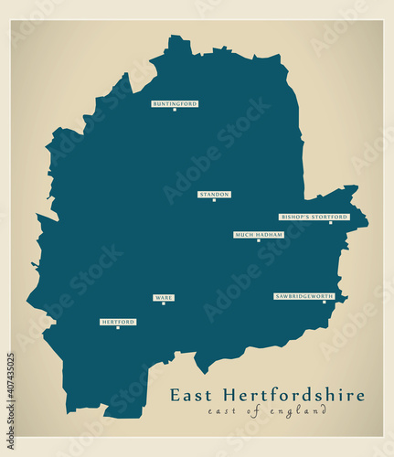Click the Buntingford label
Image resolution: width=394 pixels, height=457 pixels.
click(x=175, y=104)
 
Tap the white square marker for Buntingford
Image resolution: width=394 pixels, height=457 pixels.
click(x=175, y=110)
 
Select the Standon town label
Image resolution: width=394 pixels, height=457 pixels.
click(x=214, y=195)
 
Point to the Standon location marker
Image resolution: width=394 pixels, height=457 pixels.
click(x=214, y=200)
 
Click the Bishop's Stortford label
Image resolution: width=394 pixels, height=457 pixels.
click(x=314, y=218)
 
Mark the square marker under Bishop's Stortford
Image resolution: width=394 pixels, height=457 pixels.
click(x=330, y=223)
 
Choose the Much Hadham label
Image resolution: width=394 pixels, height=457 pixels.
click(x=258, y=235)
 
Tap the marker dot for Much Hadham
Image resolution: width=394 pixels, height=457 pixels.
click(x=258, y=240)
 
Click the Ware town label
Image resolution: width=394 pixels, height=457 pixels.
click(x=164, y=298)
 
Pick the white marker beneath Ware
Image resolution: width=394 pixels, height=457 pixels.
click(x=164, y=303)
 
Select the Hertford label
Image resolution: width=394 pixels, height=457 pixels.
click(x=118, y=322)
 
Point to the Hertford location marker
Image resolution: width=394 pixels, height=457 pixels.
click(x=118, y=327)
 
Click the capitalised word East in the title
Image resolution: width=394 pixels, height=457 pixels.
click(x=191, y=396)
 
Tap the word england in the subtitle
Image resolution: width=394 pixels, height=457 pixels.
click(x=302, y=412)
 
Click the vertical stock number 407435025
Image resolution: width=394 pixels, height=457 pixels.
click(x=10, y=393)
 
